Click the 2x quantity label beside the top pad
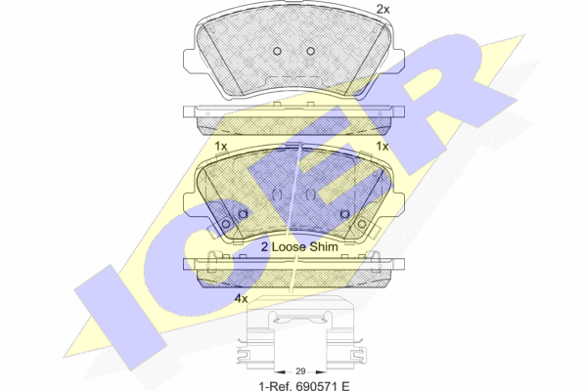383,9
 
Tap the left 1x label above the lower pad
221,147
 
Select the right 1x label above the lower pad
382,147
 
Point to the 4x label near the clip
241,298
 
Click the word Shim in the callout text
325,246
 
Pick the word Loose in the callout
289,246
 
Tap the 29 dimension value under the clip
300,371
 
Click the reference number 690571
315,385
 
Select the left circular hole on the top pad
277,51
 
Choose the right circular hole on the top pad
310,51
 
